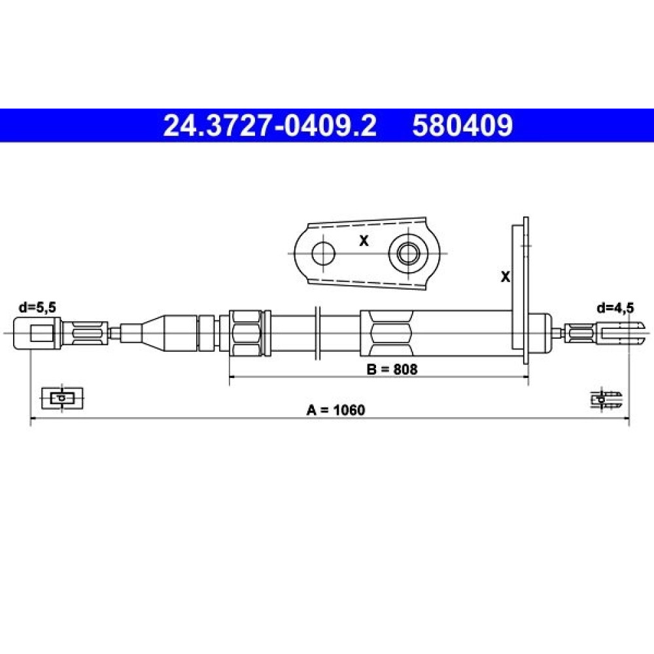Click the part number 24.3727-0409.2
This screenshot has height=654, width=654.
point(270,126)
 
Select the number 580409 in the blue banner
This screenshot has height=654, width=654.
point(462,126)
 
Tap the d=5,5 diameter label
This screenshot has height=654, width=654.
point(37,307)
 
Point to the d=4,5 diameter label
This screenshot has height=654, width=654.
point(615,308)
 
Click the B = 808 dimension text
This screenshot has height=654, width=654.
point(392,369)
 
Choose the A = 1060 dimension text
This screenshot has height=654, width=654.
point(336,410)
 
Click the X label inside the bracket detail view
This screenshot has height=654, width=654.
point(364,241)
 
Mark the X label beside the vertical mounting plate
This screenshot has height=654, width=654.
point(505,277)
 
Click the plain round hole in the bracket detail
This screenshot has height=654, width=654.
point(323,253)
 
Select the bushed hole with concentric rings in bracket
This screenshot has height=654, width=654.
point(408,253)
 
